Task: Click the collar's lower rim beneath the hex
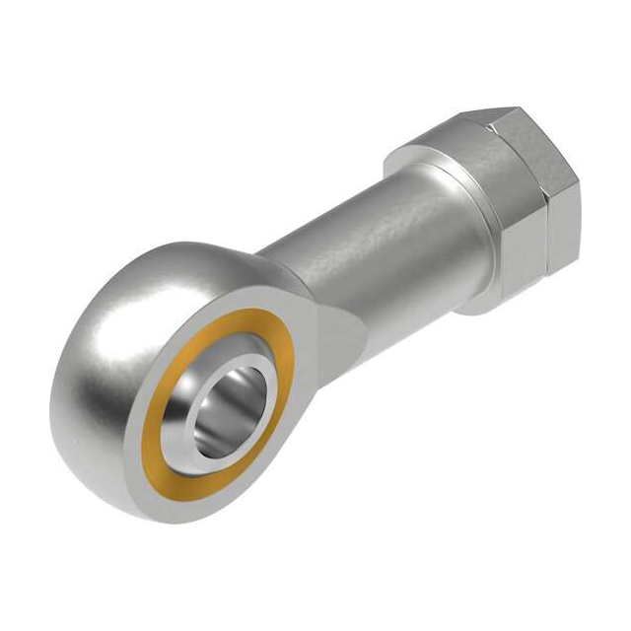483,301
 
